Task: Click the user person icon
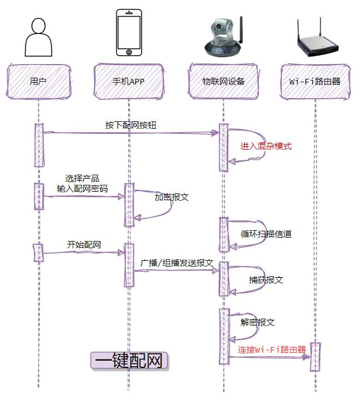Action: point(38,37)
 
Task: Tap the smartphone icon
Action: point(129,33)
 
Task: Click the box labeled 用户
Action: point(38,81)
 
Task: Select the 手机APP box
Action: point(129,81)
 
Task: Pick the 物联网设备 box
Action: point(223,81)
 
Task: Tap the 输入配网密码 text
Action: point(82,188)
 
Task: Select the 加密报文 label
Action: point(172,197)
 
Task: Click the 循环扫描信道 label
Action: point(266,234)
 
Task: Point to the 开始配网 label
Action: point(84,245)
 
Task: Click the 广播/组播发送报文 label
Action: point(177,263)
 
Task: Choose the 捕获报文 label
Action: point(266,280)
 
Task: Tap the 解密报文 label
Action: point(258,322)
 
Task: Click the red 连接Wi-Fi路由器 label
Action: point(272,350)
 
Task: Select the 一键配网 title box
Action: point(130,361)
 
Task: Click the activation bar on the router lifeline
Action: point(315,357)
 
